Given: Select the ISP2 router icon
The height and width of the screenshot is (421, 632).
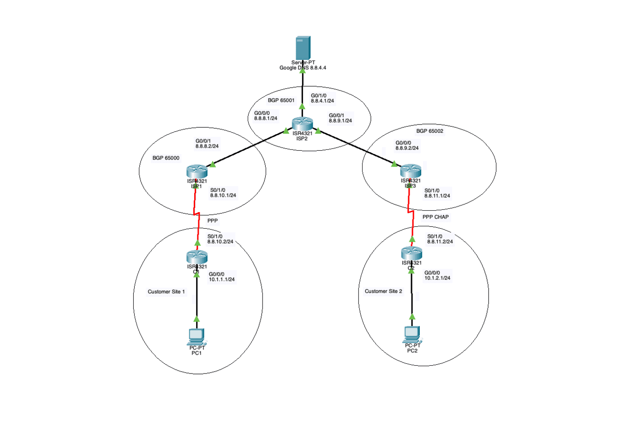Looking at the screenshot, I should (x=302, y=124).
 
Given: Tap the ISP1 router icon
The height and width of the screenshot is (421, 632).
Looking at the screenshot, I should (x=197, y=171).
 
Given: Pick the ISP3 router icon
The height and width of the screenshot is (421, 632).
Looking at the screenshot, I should (x=411, y=171).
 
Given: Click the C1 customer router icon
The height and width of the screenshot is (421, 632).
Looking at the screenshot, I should (x=197, y=256).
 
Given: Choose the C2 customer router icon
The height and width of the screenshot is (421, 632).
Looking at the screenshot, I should (x=411, y=253).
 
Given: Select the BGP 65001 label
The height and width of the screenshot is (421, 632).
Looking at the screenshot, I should (x=281, y=100).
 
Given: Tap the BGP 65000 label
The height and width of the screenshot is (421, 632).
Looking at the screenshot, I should (x=166, y=158).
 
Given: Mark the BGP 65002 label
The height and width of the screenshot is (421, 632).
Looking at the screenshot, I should (x=429, y=131).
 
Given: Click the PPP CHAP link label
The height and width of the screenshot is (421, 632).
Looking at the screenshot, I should (x=435, y=217).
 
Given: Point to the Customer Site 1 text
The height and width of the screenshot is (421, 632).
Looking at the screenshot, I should (x=166, y=291).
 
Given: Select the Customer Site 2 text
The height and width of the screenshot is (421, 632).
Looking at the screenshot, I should (x=383, y=291).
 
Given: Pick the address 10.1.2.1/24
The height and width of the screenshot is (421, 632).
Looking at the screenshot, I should (x=437, y=278).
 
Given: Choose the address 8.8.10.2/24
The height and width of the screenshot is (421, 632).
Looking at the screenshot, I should (x=221, y=241).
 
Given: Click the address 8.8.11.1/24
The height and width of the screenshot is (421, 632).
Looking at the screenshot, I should (x=437, y=196).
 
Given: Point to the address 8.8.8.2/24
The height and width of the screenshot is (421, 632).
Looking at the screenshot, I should (x=207, y=146).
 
